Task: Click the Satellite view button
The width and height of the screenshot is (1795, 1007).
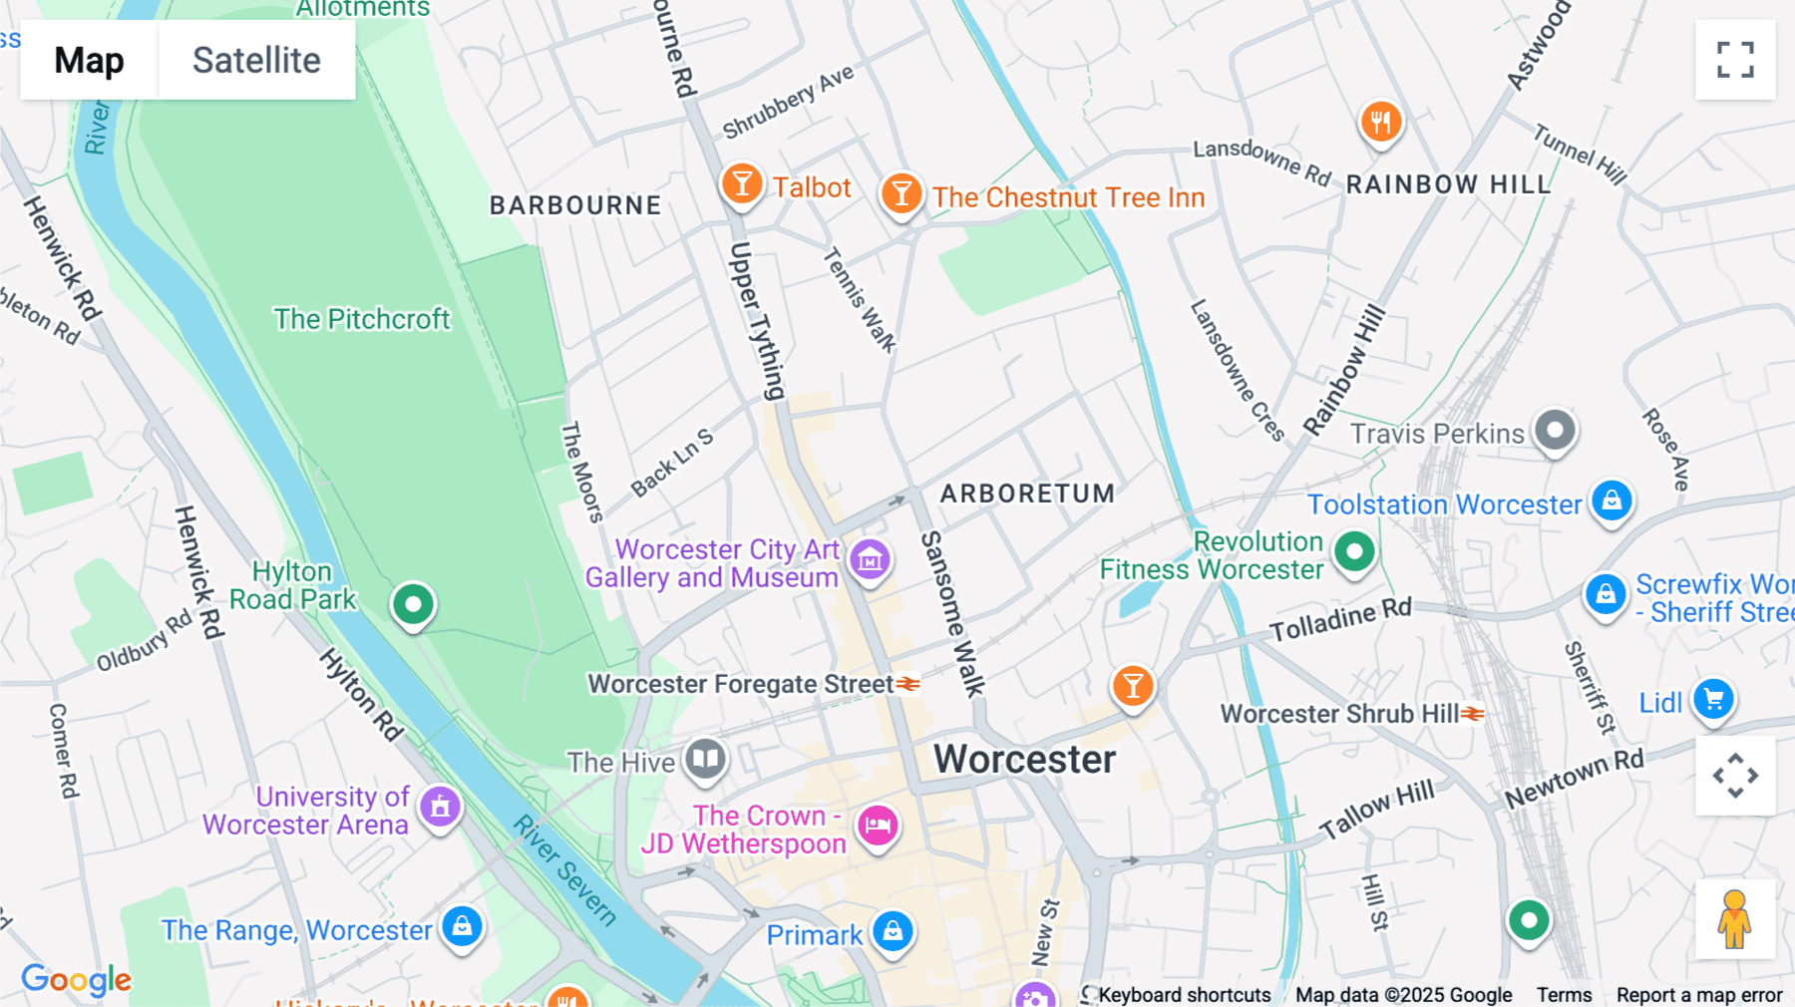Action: (x=256, y=60)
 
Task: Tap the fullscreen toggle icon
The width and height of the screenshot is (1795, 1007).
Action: (x=1735, y=60)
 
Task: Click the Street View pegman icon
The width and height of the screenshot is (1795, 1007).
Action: (x=1734, y=918)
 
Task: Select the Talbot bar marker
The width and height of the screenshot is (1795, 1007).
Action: (x=742, y=184)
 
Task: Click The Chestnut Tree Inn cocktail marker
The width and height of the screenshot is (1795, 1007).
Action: (x=900, y=193)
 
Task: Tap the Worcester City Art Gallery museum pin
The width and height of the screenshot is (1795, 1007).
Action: (x=870, y=560)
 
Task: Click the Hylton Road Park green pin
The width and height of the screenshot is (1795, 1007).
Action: (x=413, y=604)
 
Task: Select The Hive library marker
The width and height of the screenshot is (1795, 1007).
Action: (x=706, y=759)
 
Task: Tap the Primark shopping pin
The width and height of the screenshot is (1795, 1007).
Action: (x=893, y=932)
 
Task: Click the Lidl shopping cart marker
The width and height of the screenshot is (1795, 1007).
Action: (x=1713, y=700)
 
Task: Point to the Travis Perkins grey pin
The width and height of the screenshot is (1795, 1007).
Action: (x=1554, y=431)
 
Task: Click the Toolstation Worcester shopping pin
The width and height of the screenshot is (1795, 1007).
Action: (x=1612, y=501)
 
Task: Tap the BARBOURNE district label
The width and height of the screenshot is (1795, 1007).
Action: (x=575, y=205)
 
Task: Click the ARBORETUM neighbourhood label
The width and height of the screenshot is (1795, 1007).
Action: (x=1027, y=494)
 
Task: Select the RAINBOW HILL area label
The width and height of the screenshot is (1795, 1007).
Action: (x=1448, y=184)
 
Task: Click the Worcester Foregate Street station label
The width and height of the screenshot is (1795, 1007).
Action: (x=741, y=684)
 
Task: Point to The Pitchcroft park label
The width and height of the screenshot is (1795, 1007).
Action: (x=362, y=319)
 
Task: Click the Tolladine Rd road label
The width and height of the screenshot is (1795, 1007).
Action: (x=1340, y=619)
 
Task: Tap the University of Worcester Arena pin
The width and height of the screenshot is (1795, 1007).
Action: (x=440, y=807)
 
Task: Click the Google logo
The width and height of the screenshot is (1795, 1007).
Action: (x=77, y=980)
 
